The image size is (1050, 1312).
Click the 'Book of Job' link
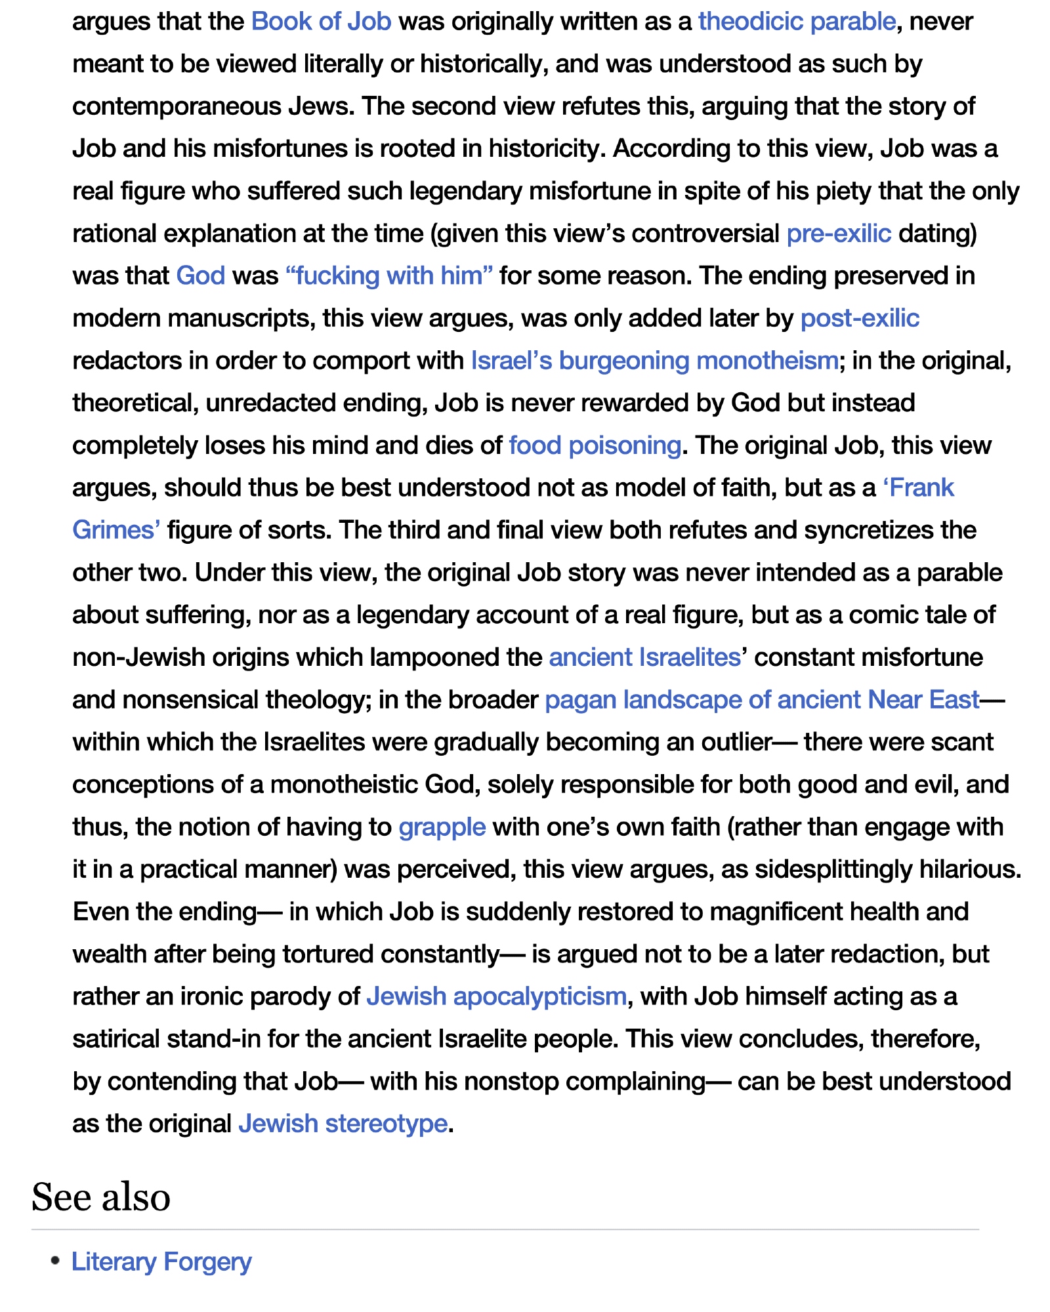[x=321, y=22]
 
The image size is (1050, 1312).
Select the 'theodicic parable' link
[x=797, y=22]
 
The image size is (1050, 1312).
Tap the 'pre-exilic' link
[x=838, y=234]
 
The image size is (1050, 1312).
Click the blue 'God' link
[x=200, y=276]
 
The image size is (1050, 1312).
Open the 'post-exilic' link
[x=860, y=318]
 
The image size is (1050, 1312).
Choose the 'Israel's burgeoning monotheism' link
[x=654, y=361]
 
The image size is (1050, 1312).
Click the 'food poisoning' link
[x=595, y=445]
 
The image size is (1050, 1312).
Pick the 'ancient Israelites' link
[x=644, y=657]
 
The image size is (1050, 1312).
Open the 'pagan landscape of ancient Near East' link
[x=762, y=700]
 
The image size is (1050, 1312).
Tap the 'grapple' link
[x=442, y=827]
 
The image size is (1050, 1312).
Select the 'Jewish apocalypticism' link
[x=496, y=996]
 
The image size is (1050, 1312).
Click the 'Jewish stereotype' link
[x=343, y=1124]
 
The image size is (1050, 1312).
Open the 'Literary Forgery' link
[x=161, y=1262]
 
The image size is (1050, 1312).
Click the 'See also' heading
[x=101, y=1197]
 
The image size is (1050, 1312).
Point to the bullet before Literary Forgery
[x=56, y=1261]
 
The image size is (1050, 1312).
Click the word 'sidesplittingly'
[x=833, y=869]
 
